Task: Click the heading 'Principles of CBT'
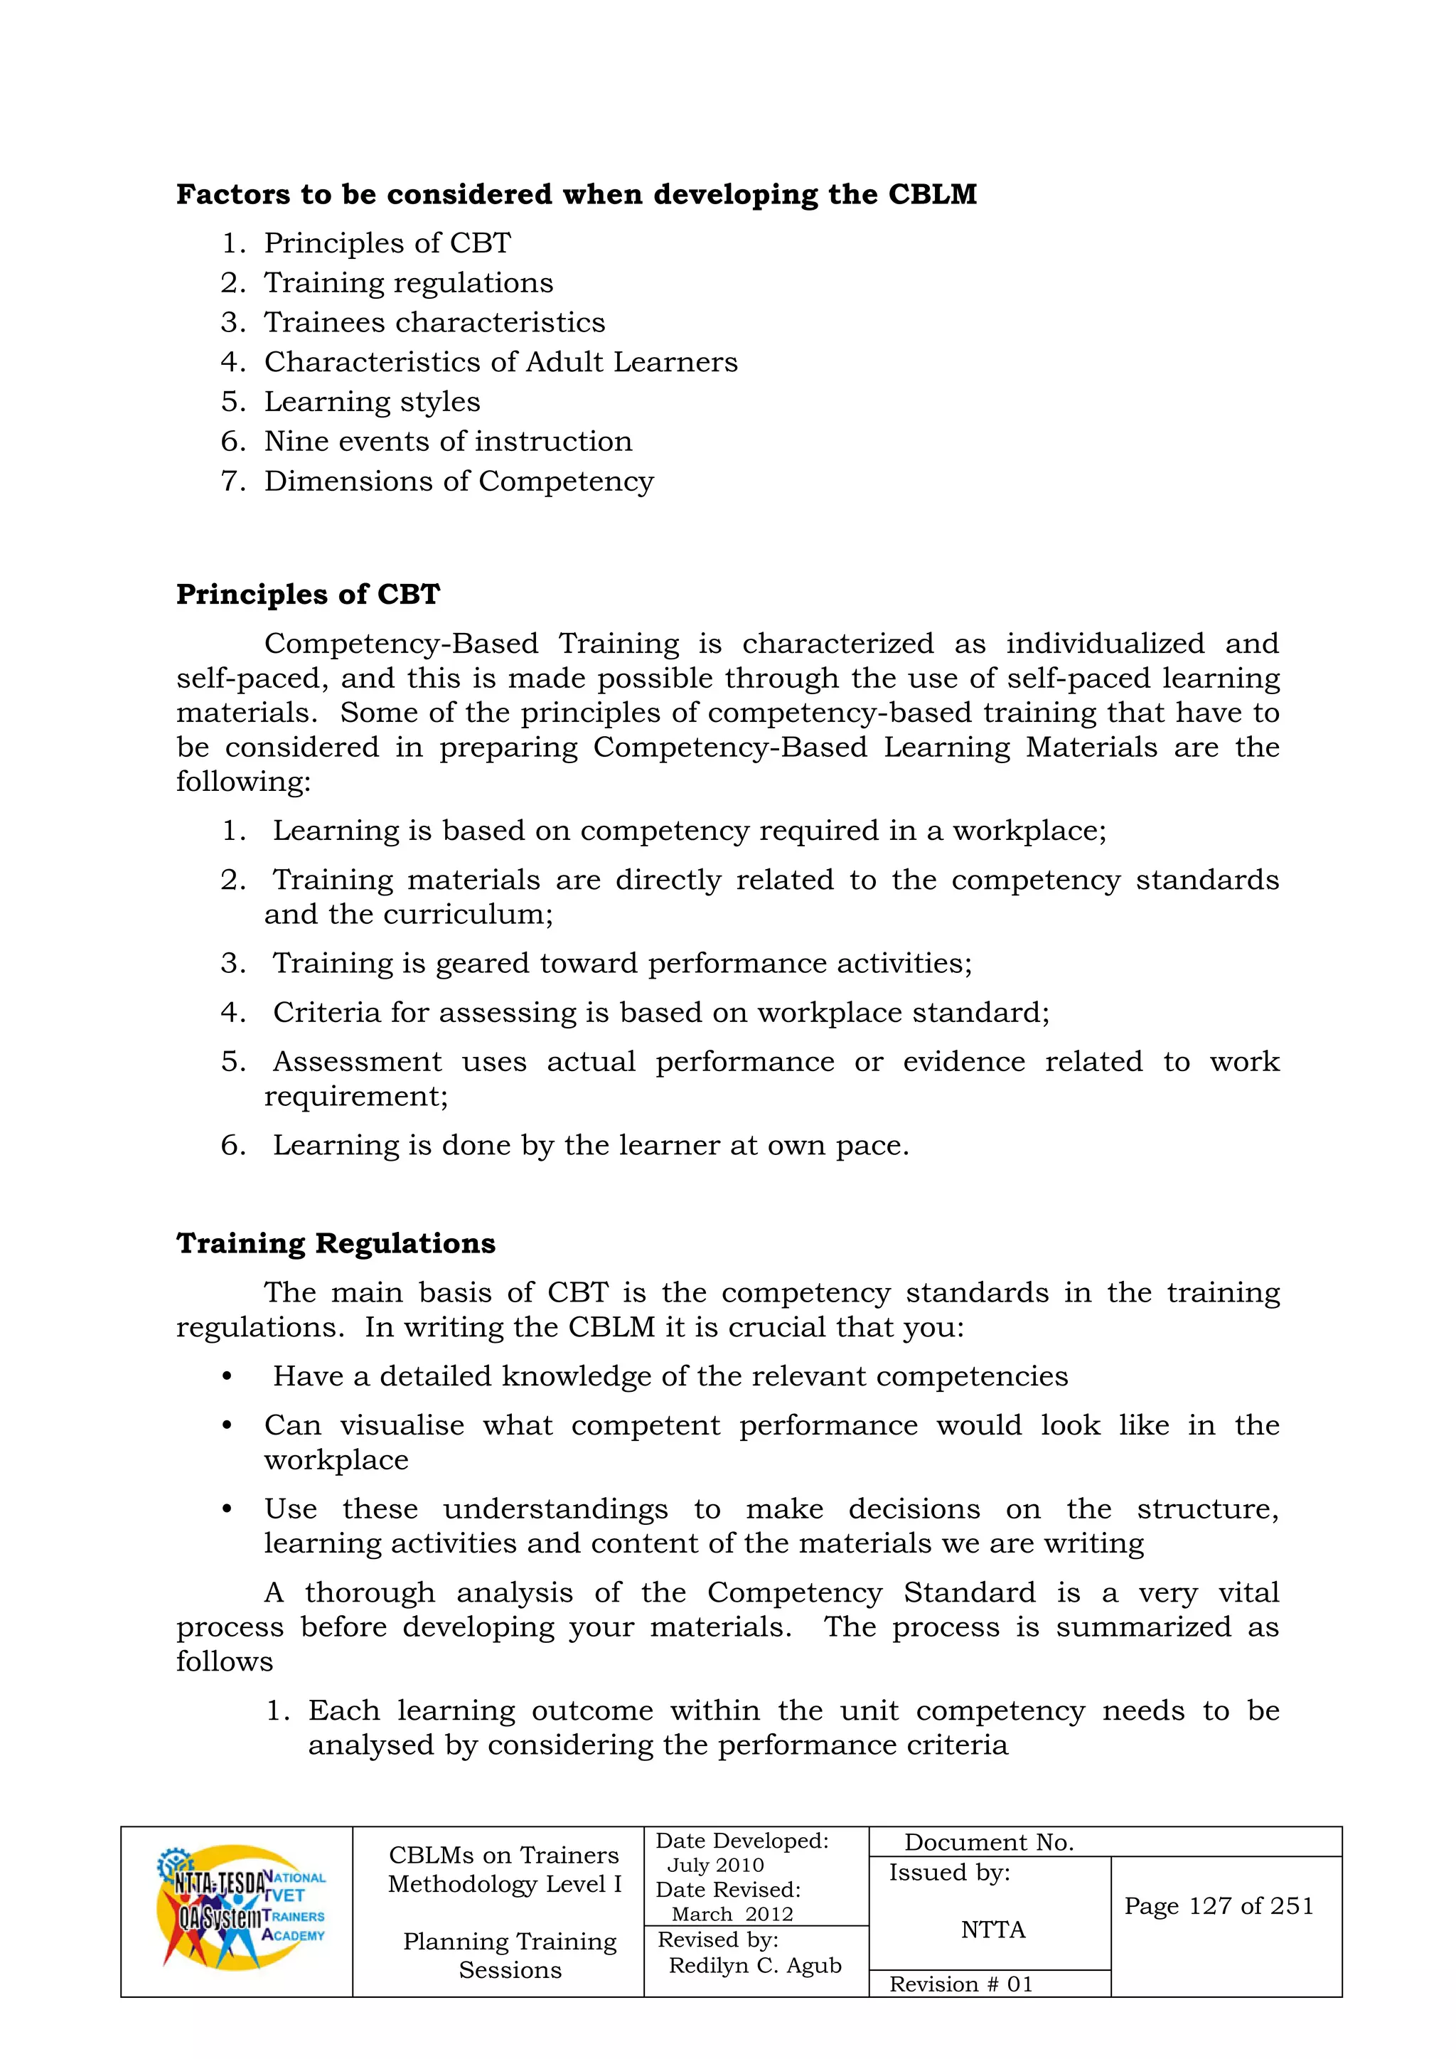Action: [308, 595]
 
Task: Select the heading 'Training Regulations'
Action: [336, 1244]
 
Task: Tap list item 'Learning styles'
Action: [371, 402]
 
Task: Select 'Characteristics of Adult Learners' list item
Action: [500, 362]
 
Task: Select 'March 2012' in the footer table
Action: [732, 1915]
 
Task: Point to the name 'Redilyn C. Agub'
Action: [755, 1966]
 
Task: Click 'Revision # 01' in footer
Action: [960, 1984]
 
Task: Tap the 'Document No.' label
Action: [988, 1843]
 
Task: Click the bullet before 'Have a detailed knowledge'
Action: [227, 1376]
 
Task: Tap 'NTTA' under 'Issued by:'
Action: [992, 1930]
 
